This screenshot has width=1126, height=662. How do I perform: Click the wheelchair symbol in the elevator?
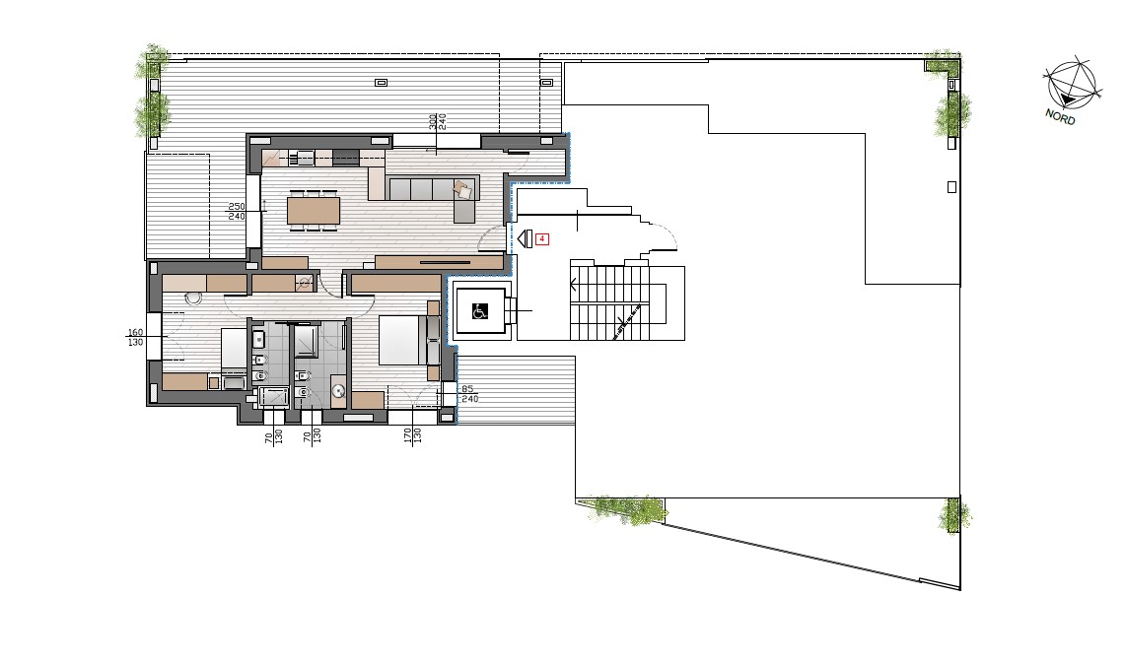pyautogui.click(x=480, y=311)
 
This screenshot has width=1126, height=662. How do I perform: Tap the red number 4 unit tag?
pyautogui.click(x=542, y=238)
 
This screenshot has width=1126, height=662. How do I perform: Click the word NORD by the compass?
pyautogui.click(x=1060, y=117)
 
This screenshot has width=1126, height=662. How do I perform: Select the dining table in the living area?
pyautogui.click(x=314, y=211)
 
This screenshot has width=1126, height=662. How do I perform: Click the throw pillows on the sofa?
pyautogui.click(x=463, y=189)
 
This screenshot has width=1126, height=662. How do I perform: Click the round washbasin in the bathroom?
pyautogui.click(x=338, y=392)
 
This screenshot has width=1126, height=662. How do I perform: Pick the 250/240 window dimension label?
pyautogui.click(x=237, y=211)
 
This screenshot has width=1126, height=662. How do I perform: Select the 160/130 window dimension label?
pyautogui.click(x=135, y=337)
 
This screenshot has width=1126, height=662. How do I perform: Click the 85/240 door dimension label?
pyautogui.click(x=469, y=394)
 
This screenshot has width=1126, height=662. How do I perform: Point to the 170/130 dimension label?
pyautogui.click(x=412, y=435)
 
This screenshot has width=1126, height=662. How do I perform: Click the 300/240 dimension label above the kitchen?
pyautogui.click(x=438, y=121)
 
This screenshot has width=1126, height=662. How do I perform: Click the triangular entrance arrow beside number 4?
pyautogui.click(x=525, y=238)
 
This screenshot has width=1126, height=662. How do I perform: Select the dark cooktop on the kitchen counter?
pyautogui.click(x=345, y=157)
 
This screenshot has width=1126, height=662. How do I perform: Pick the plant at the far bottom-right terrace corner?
pyautogui.click(x=954, y=515)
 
